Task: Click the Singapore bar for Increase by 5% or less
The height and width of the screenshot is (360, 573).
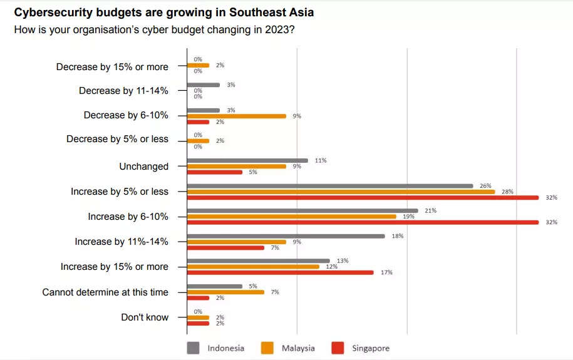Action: [363, 198]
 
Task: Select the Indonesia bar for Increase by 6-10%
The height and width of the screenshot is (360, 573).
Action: [302, 210]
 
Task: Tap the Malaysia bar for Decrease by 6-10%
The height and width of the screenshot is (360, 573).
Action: [237, 116]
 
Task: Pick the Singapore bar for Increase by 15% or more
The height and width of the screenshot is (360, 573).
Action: [281, 272]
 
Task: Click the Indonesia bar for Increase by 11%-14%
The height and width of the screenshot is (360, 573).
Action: [286, 235]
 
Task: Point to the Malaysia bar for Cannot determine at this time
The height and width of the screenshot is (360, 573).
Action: [225, 292]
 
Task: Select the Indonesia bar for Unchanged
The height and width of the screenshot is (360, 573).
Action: [247, 160]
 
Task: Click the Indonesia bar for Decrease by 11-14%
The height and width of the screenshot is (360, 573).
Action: [204, 85]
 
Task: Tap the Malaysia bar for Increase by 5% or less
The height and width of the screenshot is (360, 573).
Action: [341, 192]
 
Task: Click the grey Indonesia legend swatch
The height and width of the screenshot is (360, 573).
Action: [194, 348]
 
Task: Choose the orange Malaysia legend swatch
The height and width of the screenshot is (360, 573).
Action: [267, 348]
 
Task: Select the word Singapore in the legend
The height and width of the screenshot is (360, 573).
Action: [370, 348]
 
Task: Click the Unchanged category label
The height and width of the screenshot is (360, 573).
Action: [144, 167]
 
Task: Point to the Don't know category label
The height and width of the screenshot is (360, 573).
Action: [145, 317]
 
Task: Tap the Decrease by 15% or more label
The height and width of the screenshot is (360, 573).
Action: [112, 66]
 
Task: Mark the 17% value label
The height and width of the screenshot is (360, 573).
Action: [386, 272]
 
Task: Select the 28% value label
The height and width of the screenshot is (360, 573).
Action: [507, 192]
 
